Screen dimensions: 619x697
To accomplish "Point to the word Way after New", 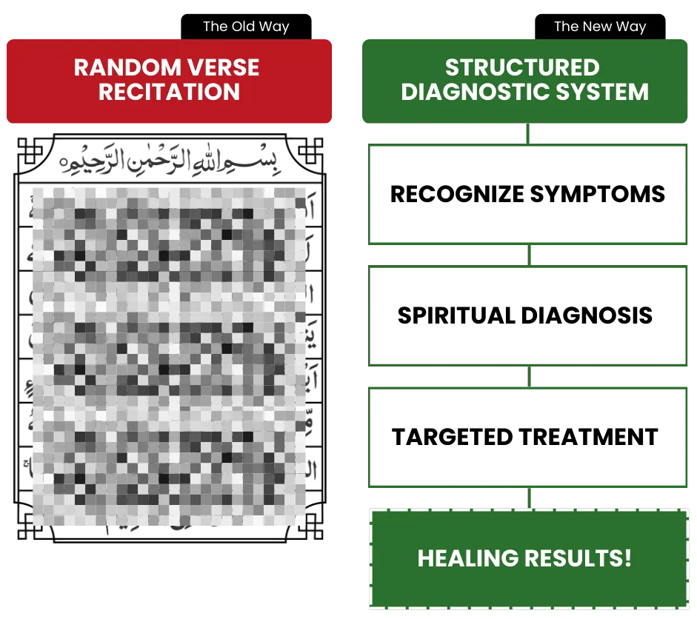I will click(x=629, y=27).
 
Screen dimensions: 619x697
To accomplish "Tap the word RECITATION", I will click(x=169, y=93).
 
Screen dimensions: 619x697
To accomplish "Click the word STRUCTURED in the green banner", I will click(x=521, y=68).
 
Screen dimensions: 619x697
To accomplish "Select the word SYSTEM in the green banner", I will click(x=605, y=93).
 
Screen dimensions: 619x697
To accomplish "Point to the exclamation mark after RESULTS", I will click(x=628, y=558).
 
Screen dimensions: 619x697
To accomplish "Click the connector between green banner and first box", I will click(x=527, y=134).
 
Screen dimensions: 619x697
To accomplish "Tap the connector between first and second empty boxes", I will click(x=530, y=256).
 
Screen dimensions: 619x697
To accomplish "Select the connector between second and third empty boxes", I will click(x=530, y=375).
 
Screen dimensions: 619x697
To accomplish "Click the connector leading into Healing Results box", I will click(x=530, y=498).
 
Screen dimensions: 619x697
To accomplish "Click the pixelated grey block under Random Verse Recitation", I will click(x=169, y=355).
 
